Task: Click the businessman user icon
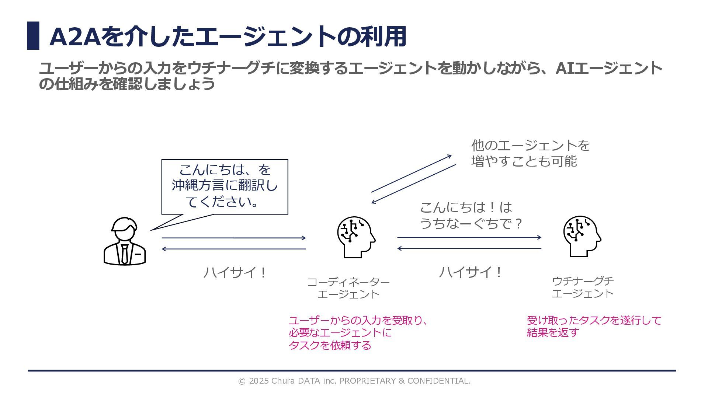[x=125, y=241]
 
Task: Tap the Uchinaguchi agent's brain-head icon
[x=582, y=236]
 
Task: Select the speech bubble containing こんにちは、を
[x=225, y=186]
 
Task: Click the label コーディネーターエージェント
[x=348, y=288]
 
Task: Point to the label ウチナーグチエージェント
[x=583, y=287]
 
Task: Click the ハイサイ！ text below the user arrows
[x=235, y=273]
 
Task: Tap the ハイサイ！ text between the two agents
[x=470, y=272]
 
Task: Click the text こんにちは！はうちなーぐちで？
[x=471, y=215]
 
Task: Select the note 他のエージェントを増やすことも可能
[x=530, y=153]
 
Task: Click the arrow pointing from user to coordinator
[x=233, y=238]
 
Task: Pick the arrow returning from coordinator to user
[x=233, y=249]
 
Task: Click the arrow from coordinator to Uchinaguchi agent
[x=469, y=238]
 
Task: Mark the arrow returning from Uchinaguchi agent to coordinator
[x=469, y=248]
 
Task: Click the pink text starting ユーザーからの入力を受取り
[x=358, y=333]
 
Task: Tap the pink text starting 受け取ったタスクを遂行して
[x=594, y=326]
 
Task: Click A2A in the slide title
[x=75, y=36]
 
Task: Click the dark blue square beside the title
[x=33, y=36]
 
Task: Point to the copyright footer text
[x=354, y=381]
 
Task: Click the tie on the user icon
[x=125, y=254]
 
